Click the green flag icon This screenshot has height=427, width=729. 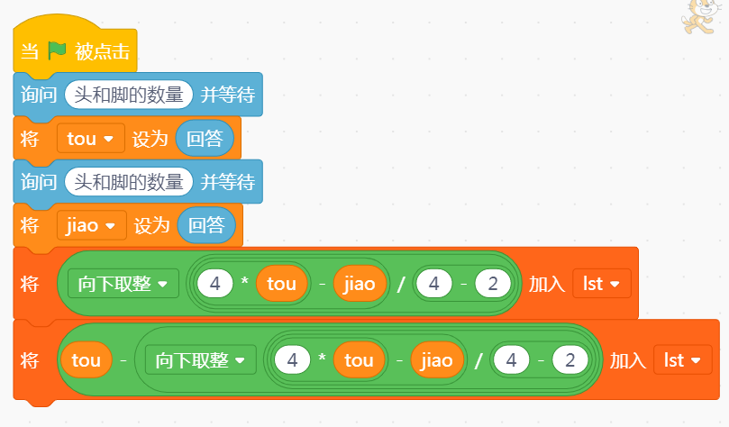coord(57,51)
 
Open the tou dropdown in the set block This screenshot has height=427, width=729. coord(90,139)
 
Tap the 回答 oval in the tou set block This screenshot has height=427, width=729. coord(205,139)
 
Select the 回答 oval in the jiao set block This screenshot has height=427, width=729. coord(206,225)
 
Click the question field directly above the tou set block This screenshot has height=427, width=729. coord(129,95)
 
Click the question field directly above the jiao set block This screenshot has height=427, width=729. coord(129,182)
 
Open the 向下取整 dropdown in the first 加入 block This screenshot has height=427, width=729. coord(123,284)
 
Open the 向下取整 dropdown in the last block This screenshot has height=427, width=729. coord(201,361)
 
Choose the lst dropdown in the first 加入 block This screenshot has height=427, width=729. coord(601,284)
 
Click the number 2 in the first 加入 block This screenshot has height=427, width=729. coord(492,284)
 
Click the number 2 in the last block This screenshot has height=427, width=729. coord(570,361)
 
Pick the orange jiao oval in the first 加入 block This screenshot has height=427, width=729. coord(360,284)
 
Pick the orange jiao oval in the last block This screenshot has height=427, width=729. coord(437,361)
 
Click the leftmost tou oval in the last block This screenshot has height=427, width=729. coord(86,361)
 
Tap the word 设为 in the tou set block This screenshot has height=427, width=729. coord(150,139)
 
